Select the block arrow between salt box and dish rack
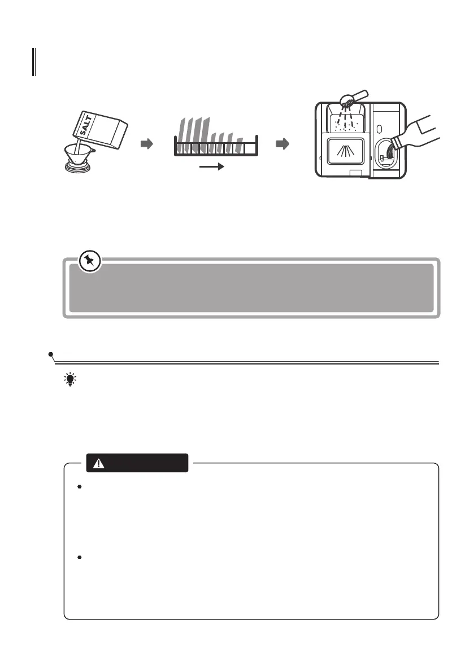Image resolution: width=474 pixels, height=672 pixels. (146, 144)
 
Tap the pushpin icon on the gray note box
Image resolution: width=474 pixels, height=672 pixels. (90, 262)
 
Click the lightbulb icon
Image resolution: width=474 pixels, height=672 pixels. (70, 380)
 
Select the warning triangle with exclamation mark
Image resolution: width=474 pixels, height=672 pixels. (99, 464)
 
